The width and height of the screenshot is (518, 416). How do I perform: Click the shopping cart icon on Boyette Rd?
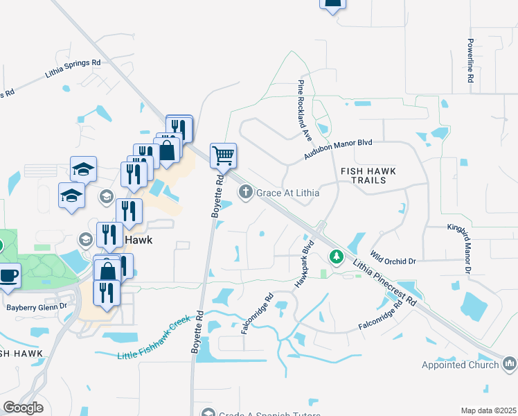(x=223, y=155)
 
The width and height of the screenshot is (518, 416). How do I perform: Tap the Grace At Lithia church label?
(x=287, y=193)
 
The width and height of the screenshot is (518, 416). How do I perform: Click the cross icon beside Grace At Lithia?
(x=245, y=192)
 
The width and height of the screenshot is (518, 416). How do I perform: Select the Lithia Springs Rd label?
(x=73, y=67)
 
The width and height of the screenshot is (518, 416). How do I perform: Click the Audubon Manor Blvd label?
(x=338, y=150)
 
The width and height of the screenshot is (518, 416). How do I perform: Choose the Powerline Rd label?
(x=470, y=61)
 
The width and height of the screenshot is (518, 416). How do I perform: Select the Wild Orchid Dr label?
(x=393, y=258)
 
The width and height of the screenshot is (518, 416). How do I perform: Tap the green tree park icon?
(x=337, y=257)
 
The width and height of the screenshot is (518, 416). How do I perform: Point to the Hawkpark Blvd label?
(x=305, y=265)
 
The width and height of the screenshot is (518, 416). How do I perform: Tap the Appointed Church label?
(x=460, y=365)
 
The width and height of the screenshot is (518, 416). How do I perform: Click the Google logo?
(x=23, y=408)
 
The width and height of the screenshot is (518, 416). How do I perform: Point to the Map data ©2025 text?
(x=488, y=411)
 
